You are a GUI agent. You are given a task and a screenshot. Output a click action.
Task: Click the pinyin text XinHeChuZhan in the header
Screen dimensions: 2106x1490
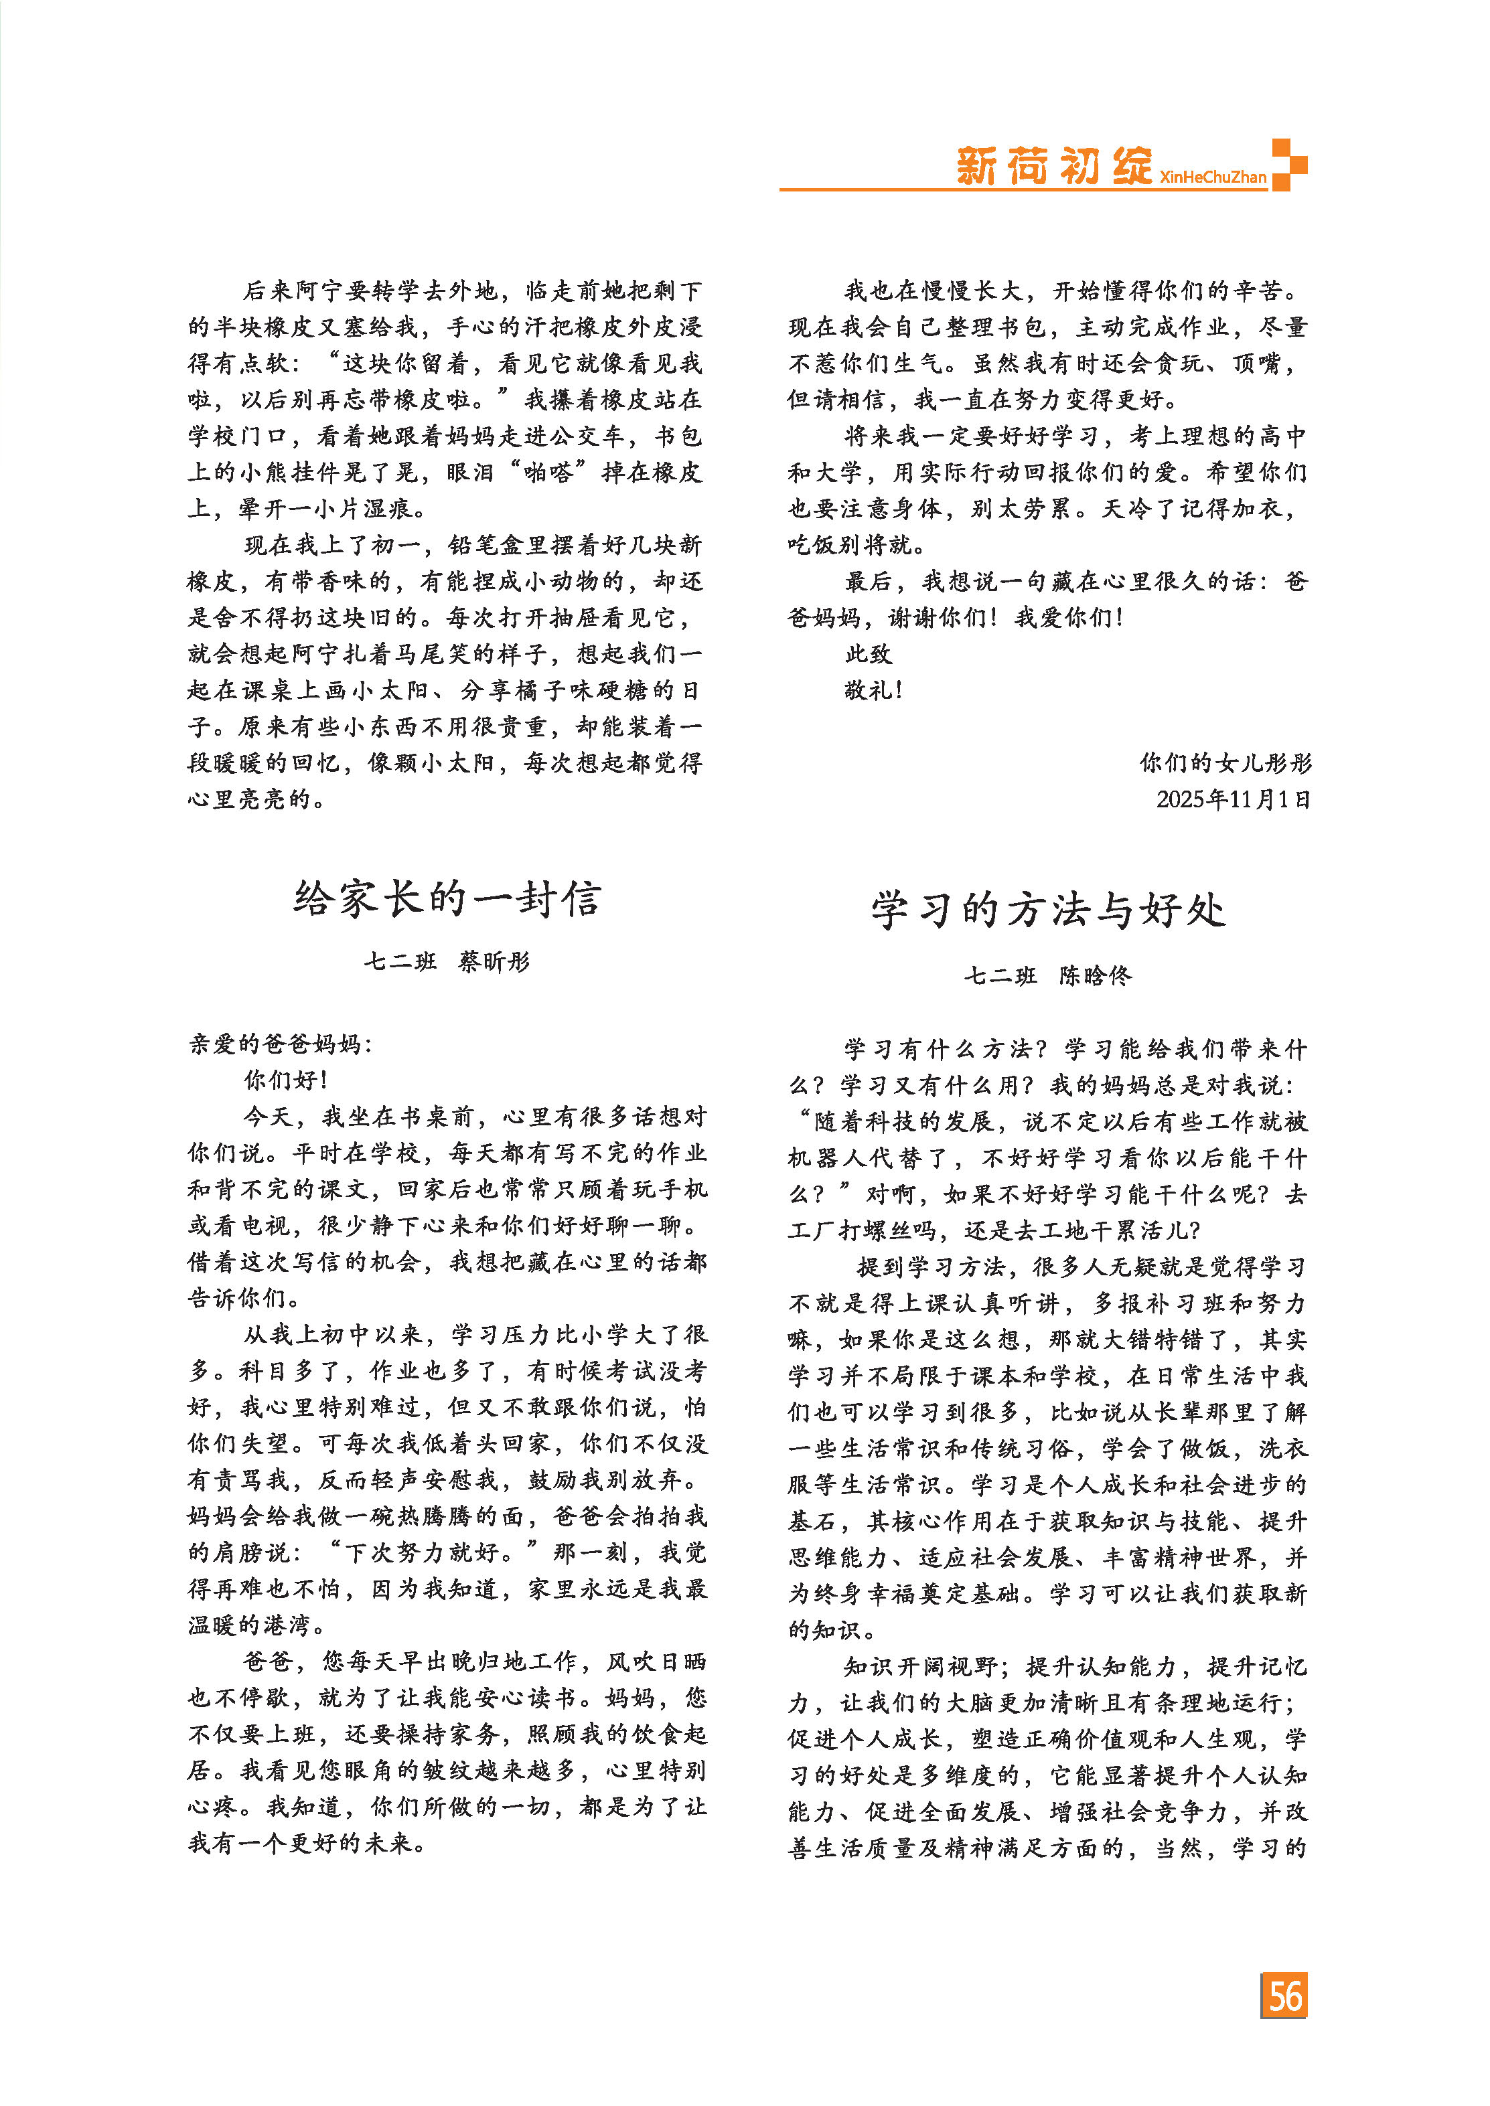point(1212,177)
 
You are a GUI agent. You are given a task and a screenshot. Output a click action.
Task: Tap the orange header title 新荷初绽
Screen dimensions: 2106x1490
point(1053,166)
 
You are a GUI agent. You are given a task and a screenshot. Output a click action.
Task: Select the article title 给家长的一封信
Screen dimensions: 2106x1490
point(447,899)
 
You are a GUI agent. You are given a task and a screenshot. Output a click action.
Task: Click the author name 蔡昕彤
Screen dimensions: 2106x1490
point(494,961)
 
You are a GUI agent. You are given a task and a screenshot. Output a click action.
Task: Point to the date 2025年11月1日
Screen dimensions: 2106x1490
point(1232,799)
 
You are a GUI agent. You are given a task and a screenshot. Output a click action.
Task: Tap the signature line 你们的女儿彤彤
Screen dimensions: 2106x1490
point(1225,762)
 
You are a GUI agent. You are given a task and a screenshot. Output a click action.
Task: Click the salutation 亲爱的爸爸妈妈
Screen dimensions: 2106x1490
point(280,1044)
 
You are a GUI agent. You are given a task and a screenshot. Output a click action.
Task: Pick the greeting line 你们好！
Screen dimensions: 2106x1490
point(285,1080)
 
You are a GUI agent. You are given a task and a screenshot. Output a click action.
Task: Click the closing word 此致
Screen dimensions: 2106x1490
point(868,653)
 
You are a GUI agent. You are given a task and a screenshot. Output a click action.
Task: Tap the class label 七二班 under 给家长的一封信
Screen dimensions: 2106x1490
point(400,961)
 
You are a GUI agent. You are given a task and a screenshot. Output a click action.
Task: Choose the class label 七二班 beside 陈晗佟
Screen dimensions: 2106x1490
point(1000,975)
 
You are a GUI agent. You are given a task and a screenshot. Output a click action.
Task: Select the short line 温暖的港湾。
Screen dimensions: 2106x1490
point(257,1625)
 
